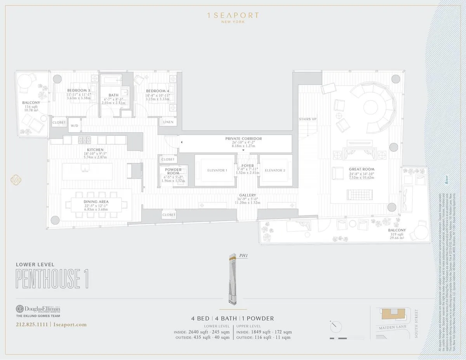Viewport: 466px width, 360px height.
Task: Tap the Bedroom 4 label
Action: pyautogui.click(x=157, y=91)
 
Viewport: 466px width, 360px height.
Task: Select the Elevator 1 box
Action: pyautogui.click(x=215, y=170)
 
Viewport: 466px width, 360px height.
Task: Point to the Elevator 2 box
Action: pyautogui.click(x=275, y=170)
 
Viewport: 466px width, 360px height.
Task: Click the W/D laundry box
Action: pyautogui.click(x=74, y=126)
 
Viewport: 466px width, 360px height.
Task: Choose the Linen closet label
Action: pyautogui.click(x=168, y=122)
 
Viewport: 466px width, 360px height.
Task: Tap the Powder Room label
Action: pyautogui.click(x=173, y=171)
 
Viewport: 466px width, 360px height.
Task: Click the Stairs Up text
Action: pyautogui.click(x=307, y=119)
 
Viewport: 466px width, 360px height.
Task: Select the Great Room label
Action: pyautogui.click(x=361, y=169)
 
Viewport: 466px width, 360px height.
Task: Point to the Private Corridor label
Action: pyautogui.click(x=243, y=138)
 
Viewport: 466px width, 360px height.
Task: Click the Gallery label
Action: pyautogui.click(x=247, y=195)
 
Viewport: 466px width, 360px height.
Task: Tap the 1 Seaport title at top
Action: pyautogui.click(x=233, y=16)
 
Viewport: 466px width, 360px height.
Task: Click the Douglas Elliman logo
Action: pyautogui.click(x=38, y=310)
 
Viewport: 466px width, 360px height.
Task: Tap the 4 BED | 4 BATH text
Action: pyautogui.click(x=214, y=318)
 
